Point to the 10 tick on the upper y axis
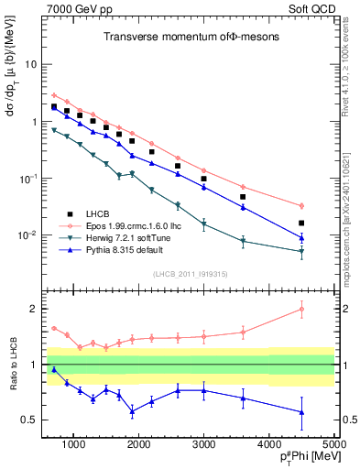point(30,65)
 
